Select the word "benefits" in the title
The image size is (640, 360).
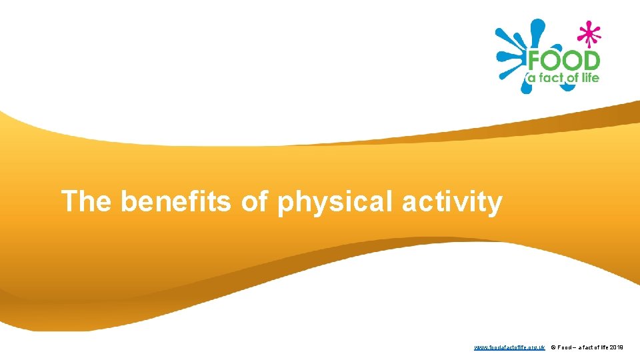point(175,201)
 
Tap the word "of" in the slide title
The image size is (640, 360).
point(253,201)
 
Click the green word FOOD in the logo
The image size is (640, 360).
point(563,62)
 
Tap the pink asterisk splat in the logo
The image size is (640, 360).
point(587,33)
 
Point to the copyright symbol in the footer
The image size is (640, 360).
point(553,347)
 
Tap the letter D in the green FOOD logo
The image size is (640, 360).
point(589,62)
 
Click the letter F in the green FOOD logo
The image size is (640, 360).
point(535,62)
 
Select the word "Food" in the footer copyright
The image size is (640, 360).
point(565,347)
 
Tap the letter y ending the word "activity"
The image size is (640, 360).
point(494,204)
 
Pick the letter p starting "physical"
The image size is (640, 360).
point(286,204)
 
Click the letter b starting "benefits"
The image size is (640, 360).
point(129,201)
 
